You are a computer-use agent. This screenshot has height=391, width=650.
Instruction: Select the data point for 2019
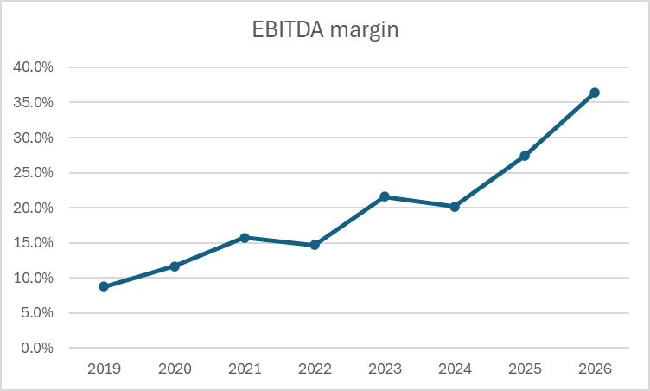click(104, 286)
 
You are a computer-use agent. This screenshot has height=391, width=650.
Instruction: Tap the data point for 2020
click(175, 266)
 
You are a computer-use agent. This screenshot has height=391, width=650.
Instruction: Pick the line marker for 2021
click(245, 237)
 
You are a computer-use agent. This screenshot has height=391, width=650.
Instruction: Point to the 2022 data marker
click(315, 245)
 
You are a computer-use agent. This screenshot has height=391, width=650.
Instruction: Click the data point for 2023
click(385, 196)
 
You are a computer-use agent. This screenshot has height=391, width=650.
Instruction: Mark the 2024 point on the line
click(455, 207)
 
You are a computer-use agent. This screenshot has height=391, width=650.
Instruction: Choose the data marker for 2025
click(525, 156)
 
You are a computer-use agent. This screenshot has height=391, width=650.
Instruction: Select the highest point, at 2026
click(595, 93)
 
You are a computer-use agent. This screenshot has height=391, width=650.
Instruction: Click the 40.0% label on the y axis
click(34, 67)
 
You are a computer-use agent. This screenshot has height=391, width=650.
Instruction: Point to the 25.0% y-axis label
click(34, 172)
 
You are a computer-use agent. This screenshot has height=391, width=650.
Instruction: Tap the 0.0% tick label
click(37, 348)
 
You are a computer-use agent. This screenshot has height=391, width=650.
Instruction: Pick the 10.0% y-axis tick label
click(34, 278)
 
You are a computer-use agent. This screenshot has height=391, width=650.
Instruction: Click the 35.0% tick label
click(34, 102)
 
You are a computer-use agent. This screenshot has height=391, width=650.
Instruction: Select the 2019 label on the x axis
click(104, 369)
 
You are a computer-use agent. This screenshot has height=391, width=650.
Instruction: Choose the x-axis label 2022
click(315, 369)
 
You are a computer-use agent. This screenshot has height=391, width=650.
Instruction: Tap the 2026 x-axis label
click(595, 369)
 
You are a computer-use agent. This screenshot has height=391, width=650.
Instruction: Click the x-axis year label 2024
click(455, 369)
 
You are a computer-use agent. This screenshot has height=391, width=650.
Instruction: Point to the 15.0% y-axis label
click(34, 242)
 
